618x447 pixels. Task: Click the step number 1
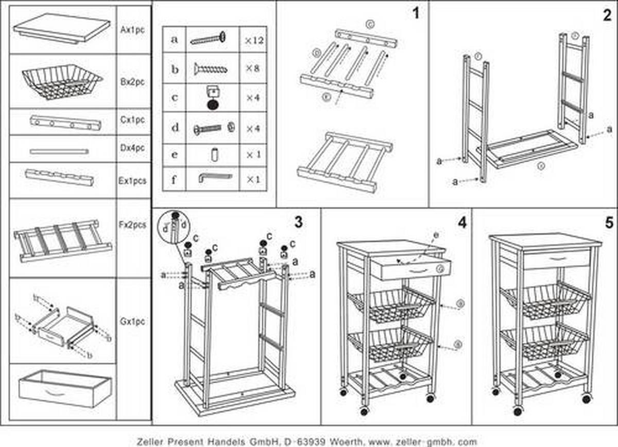(x=416, y=13)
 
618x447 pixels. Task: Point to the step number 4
(x=461, y=223)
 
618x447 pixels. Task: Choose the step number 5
(x=609, y=223)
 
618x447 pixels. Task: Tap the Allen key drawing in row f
(x=215, y=177)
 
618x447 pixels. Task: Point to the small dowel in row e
(x=213, y=154)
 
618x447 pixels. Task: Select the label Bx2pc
(x=132, y=82)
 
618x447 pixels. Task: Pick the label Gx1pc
(x=132, y=321)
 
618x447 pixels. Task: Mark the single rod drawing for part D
(x=59, y=152)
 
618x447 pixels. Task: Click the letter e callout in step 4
(x=436, y=235)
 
